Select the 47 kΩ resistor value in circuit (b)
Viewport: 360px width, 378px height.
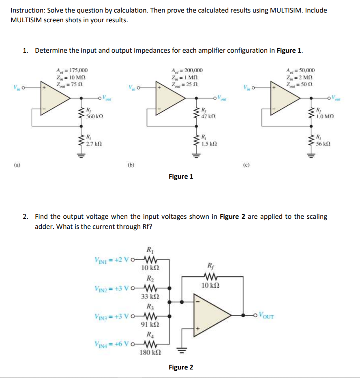pos(209,116)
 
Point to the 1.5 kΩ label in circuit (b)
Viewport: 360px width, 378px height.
pos(209,143)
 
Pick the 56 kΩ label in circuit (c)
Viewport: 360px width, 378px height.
pos(324,143)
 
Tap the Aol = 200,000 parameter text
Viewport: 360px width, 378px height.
pos(187,70)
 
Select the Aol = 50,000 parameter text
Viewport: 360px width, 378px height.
pos(300,70)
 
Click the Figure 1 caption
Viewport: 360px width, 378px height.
pos(181,176)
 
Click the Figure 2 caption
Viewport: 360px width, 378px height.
pos(181,367)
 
